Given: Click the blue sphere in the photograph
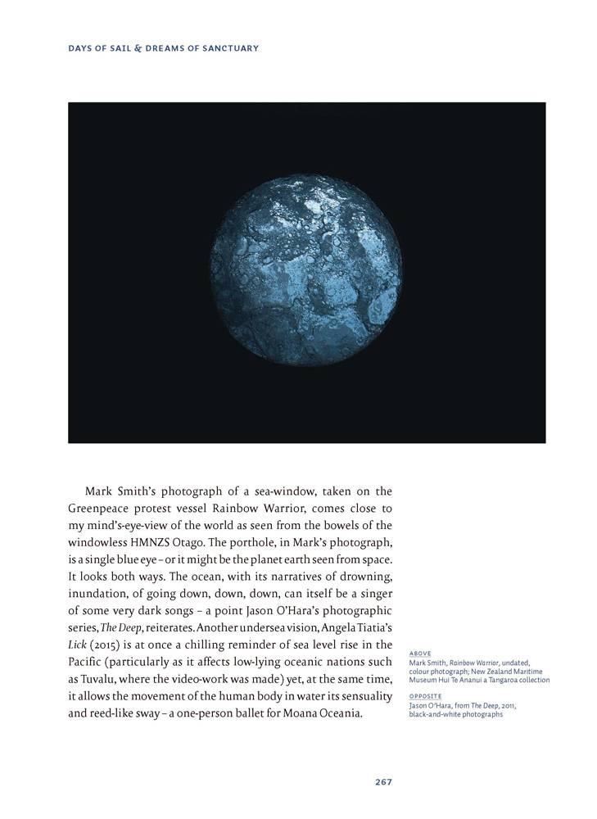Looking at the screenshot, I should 307,272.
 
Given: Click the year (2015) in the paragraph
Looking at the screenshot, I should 106,645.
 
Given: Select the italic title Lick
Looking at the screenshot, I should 76,645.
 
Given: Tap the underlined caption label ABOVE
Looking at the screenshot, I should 420,653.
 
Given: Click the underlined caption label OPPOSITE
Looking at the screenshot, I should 425,696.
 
